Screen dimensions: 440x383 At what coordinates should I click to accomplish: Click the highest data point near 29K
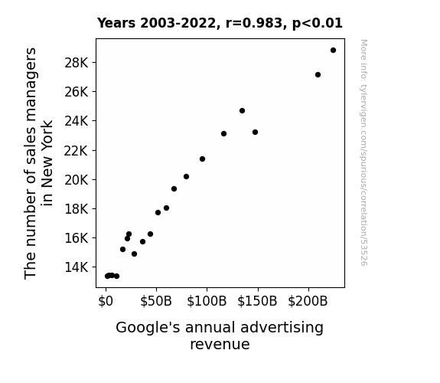[x=333, y=51]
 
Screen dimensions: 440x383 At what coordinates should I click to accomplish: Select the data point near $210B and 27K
[x=318, y=75]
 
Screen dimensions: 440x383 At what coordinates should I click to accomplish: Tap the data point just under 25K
[x=242, y=111]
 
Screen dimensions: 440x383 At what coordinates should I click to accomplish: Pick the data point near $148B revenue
[x=255, y=132]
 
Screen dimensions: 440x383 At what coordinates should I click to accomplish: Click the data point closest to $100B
[x=202, y=159]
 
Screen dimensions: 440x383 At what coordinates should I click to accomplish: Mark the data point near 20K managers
[x=186, y=176]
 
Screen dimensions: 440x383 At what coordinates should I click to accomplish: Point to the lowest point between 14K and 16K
[x=134, y=254]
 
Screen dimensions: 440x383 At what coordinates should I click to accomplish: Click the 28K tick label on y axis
[x=77, y=63]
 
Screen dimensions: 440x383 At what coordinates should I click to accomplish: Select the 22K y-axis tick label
[x=77, y=151]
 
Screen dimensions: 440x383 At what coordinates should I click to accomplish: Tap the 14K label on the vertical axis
[x=77, y=267]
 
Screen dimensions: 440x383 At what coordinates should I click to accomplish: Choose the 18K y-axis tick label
[x=77, y=209]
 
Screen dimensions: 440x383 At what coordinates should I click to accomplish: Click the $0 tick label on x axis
[x=106, y=301]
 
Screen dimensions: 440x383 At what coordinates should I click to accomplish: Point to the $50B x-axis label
[x=156, y=301]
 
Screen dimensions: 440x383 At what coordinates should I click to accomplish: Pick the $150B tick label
[x=257, y=301]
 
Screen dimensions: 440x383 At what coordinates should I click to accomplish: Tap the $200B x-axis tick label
[x=308, y=301]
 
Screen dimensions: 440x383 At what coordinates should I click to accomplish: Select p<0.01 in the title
[x=318, y=24]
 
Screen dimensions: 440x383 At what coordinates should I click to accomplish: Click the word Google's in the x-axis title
[x=148, y=328]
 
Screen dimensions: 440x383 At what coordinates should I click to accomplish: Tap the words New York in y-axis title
[x=47, y=154]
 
